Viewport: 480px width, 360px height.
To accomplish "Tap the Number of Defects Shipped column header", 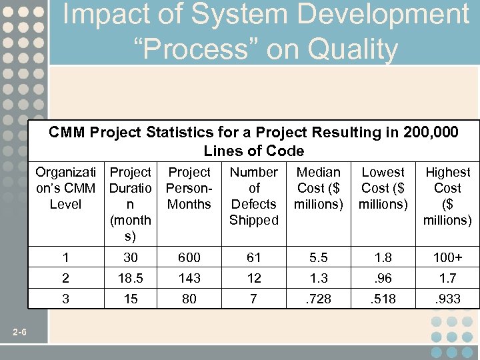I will pos(253,196).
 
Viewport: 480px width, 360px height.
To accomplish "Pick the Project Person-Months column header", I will pos(189,188).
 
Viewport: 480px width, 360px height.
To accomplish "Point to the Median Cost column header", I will pos(318,188).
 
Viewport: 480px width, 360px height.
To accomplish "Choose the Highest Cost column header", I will pos(447,196).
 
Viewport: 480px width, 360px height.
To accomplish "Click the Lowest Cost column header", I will pos(383,188).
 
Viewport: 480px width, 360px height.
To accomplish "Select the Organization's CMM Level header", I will pos(65,188).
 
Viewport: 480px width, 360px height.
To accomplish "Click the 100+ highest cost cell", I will pos(447,257).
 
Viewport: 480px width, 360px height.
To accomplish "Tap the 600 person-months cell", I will pos(189,257).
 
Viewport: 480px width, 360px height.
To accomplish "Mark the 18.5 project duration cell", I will pos(131,278).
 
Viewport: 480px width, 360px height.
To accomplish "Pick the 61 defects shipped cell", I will pos(253,257).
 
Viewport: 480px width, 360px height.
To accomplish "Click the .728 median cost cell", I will pos(318,299).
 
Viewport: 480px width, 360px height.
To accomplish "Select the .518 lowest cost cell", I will pos(383,299).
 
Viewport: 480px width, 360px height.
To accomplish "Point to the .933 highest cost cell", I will pos(447,299).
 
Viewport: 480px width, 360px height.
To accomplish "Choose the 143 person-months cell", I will pos(189,278).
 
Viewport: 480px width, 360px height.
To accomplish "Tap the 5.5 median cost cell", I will pos(318,257).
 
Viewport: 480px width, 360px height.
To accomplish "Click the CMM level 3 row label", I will pos(65,299).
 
